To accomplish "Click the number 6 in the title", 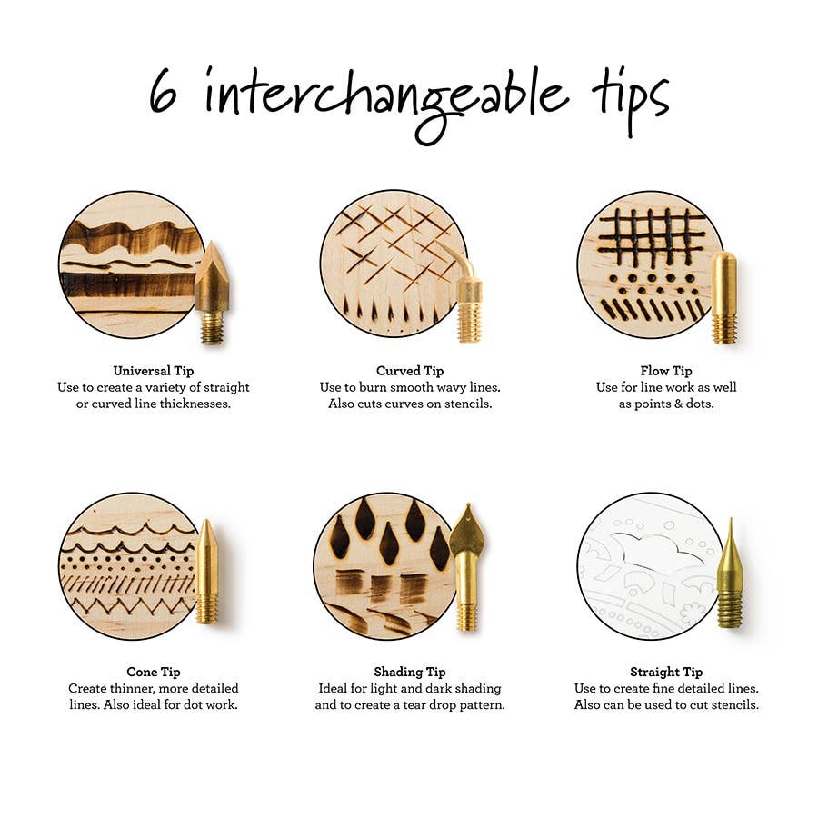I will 164,93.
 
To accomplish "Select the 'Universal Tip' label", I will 153,371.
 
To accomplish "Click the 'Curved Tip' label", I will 410,371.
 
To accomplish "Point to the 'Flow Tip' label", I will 665,371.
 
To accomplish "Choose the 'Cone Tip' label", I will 153,672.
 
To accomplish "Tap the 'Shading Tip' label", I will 410,672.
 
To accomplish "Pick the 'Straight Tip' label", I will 666,672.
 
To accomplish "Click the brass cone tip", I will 206,573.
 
